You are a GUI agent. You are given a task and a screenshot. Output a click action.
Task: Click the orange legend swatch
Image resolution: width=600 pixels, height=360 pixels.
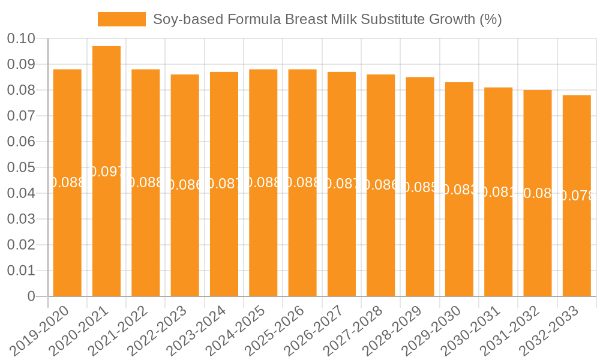(x=121, y=19)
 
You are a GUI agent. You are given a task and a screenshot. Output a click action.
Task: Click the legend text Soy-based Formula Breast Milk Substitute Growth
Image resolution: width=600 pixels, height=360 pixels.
(x=327, y=19)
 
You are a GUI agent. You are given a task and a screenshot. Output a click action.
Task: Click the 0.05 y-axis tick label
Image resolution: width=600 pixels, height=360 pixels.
(x=21, y=167)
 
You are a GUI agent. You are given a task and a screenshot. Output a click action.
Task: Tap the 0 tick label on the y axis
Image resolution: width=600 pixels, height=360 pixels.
(x=31, y=296)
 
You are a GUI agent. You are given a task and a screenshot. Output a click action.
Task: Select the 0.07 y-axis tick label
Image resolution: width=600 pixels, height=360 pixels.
(x=21, y=116)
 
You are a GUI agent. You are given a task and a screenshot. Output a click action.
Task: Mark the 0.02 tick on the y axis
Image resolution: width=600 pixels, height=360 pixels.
(x=21, y=245)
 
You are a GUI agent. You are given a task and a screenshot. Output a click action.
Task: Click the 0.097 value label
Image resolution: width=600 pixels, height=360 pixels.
(x=106, y=172)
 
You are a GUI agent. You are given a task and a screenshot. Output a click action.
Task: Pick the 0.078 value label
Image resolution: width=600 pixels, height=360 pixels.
(x=577, y=196)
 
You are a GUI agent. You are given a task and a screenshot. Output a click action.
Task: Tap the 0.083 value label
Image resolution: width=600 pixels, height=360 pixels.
(x=459, y=190)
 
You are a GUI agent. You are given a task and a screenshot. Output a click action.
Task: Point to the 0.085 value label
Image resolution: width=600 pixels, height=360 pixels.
(x=420, y=187)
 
